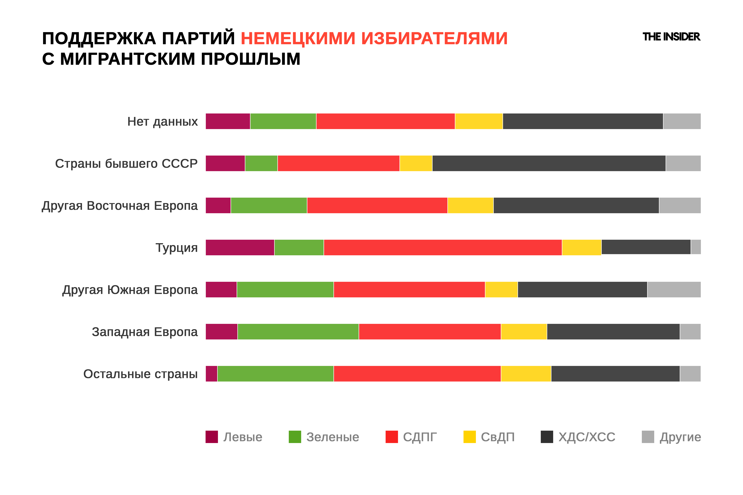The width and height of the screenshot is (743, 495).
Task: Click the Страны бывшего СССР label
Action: (x=126, y=163)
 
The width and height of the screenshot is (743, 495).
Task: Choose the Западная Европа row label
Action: (x=145, y=332)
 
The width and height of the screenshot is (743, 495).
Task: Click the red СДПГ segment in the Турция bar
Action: (x=443, y=247)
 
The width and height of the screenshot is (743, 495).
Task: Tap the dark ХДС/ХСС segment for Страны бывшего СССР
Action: (x=549, y=163)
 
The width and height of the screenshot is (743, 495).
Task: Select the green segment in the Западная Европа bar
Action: (x=298, y=332)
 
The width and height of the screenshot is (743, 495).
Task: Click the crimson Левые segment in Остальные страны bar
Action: (x=211, y=374)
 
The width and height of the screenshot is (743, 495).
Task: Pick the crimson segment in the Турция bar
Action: (x=240, y=247)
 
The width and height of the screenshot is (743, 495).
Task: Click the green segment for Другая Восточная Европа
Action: (x=269, y=206)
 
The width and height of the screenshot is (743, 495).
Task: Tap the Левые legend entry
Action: (x=234, y=437)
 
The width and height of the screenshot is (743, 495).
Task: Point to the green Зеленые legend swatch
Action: (x=295, y=437)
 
